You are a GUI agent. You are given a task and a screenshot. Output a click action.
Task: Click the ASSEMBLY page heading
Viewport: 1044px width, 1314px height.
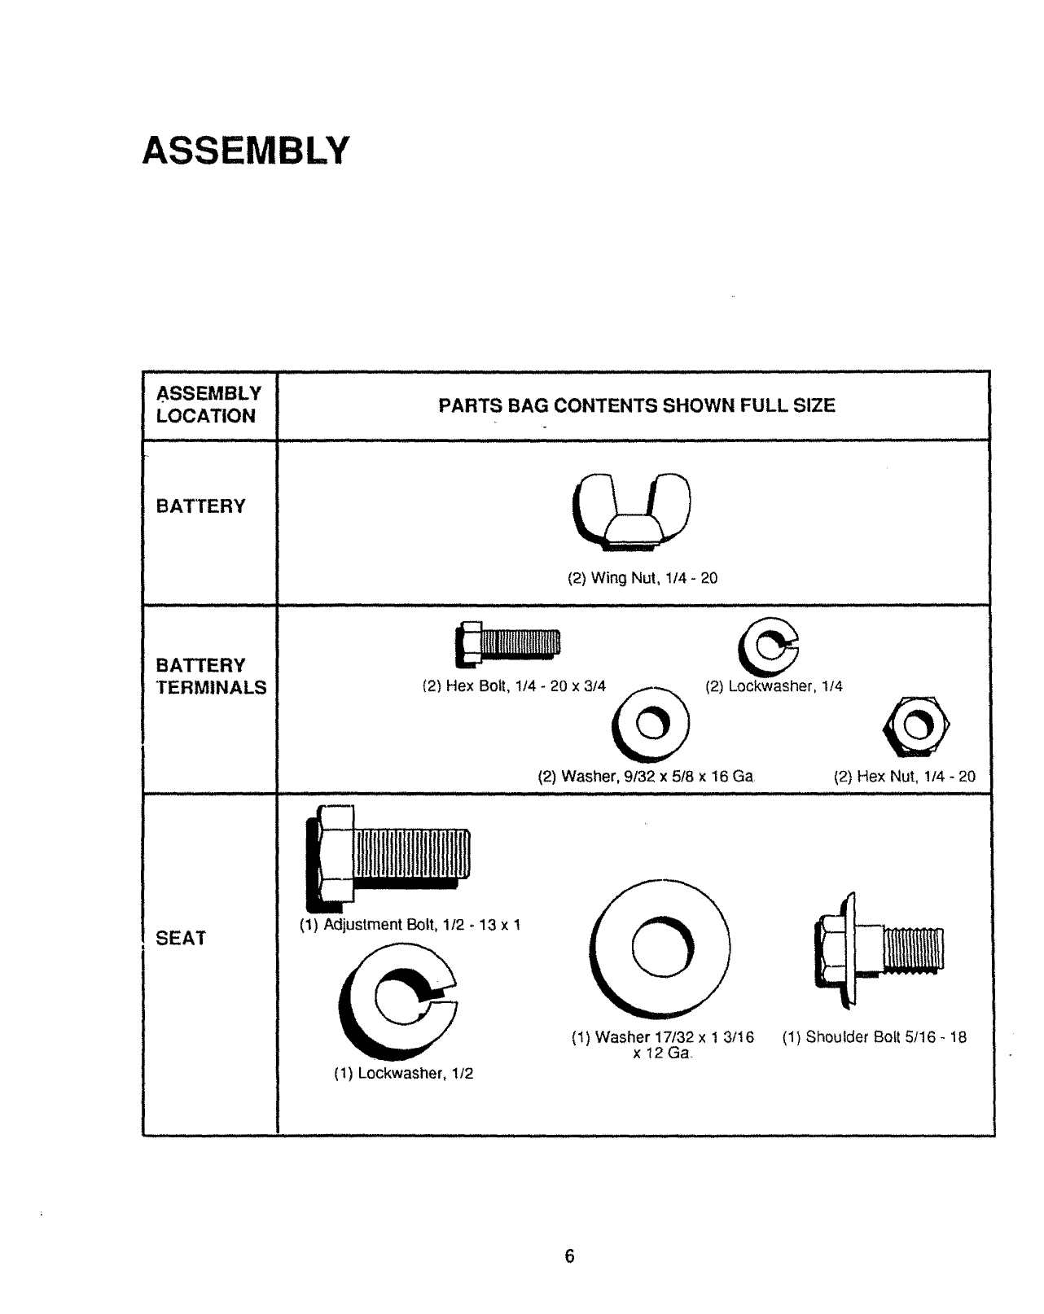click(245, 151)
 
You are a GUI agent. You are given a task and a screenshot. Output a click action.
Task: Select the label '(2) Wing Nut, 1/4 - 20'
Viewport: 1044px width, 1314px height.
click(643, 579)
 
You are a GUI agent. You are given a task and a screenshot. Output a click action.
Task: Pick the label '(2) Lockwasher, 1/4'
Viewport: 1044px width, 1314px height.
click(774, 686)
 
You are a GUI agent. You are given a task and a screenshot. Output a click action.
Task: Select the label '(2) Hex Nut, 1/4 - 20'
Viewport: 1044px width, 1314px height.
click(904, 777)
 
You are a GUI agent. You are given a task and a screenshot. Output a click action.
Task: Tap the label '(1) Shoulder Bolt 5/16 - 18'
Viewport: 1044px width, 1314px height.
click(875, 1038)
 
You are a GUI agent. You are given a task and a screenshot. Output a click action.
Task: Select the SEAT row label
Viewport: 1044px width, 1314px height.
click(181, 939)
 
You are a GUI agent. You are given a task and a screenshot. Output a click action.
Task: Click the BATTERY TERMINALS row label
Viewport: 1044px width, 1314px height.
click(211, 677)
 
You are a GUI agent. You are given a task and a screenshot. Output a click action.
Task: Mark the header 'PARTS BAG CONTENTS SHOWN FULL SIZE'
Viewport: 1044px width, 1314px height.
click(637, 405)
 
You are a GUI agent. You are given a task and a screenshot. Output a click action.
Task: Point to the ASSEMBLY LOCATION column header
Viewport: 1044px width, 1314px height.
click(208, 405)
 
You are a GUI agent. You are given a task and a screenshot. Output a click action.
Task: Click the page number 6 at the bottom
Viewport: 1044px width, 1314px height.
click(570, 1256)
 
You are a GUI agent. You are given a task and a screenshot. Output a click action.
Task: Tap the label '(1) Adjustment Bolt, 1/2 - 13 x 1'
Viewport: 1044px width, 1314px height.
click(410, 925)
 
